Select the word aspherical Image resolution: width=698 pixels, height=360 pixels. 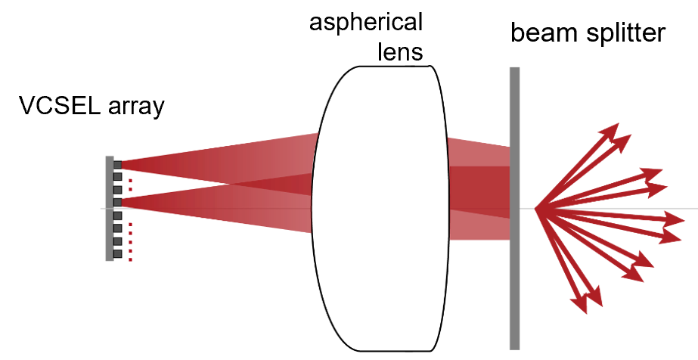coord(366,22)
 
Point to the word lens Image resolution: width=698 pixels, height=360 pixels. coord(399,52)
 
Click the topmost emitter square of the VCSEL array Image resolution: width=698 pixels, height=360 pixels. coord(117,164)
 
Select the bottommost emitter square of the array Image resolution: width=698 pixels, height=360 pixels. coord(117,253)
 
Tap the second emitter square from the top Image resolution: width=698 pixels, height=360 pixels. coord(117,177)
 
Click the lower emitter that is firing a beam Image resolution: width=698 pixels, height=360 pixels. coord(117,202)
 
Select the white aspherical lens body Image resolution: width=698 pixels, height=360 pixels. coord(374,287)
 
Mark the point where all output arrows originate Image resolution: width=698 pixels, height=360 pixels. coord(535,209)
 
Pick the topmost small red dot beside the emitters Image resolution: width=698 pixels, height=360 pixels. coord(130,180)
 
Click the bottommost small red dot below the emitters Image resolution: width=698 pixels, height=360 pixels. coord(130,259)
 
